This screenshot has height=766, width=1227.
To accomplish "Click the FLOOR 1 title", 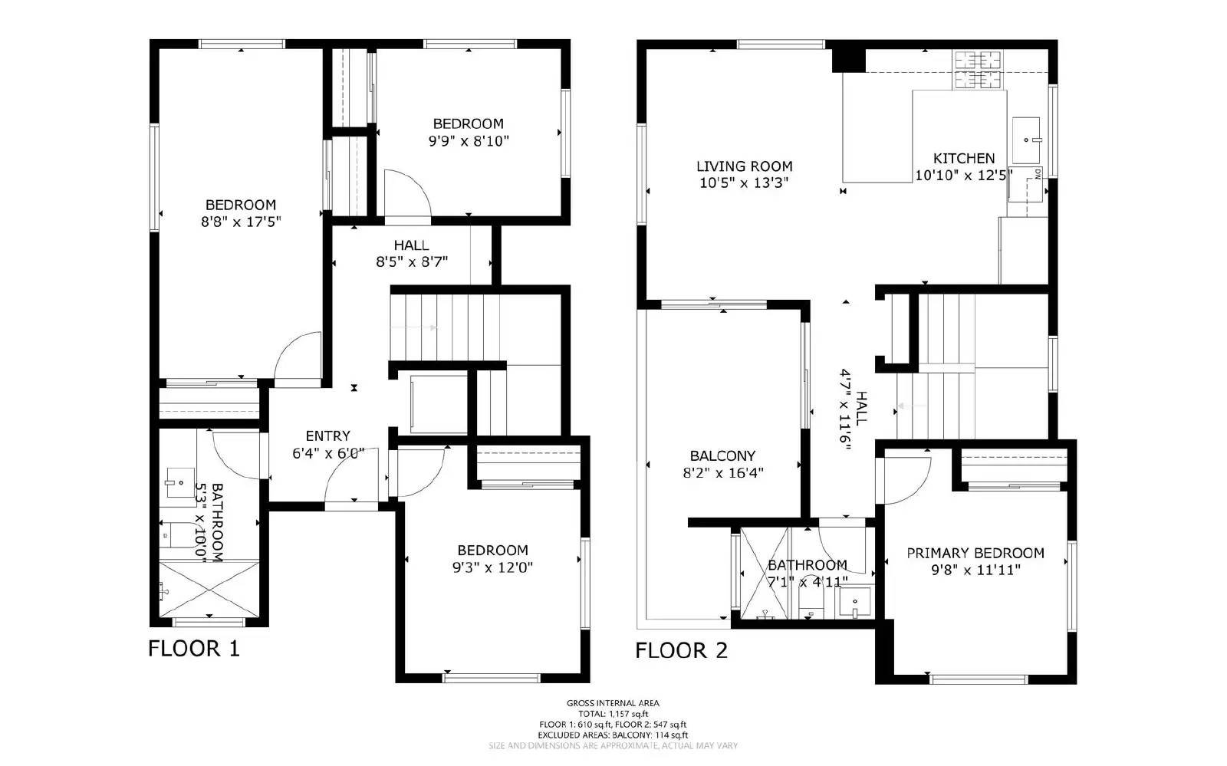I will (x=193, y=649).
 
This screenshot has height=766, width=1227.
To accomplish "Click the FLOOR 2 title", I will (x=681, y=651).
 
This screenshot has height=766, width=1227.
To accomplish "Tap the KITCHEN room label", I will (x=964, y=159).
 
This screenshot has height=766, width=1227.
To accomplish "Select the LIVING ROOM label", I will (x=744, y=166).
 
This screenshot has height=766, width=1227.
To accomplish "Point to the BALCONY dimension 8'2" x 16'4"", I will (x=722, y=473).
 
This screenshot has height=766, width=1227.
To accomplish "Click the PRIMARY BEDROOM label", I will (x=975, y=553).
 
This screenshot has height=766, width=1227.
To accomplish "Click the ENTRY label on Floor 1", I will (x=327, y=436).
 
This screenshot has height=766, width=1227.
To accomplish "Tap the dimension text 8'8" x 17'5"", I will (x=240, y=222).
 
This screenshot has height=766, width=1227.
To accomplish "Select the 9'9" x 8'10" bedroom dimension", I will (x=468, y=141).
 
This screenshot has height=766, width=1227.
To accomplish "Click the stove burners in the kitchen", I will (x=978, y=70).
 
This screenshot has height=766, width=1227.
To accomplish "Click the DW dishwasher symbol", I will (x=1026, y=184).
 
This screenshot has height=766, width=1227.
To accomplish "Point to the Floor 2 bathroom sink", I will (x=855, y=602).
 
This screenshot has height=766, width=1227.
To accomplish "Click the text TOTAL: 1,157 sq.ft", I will (x=613, y=714).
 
